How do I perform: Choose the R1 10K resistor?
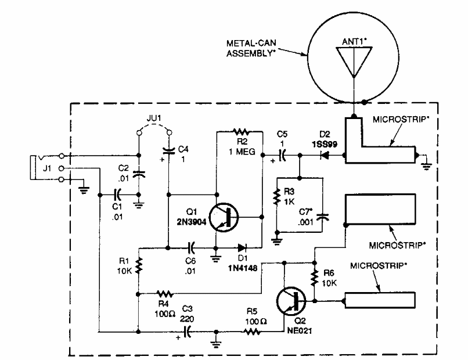(x=139, y=266)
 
